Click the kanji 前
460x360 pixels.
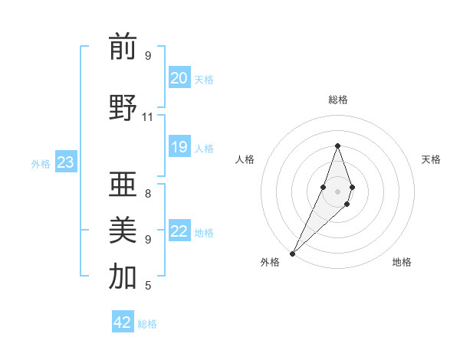pyautogui.click(x=123, y=47)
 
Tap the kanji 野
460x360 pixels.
pyautogui.click(x=123, y=108)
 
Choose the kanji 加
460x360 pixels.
pyautogui.click(x=123, y=277)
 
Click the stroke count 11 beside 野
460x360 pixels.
pyautogui.click(x=148, y=117)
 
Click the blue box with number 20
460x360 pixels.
pyautogui.click(x=179, y=78)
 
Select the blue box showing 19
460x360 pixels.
pyautogui.click(x=179, y=147)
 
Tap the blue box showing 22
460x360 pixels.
pyautogui.click(x=179, y=231)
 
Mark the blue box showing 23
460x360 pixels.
pyautogui.click(x=65, y=162)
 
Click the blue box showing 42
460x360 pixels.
pyautogui.click(x=123, y=322)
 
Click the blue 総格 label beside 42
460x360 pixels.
pyautogui.click(x=147, y=324)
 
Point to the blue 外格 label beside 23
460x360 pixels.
pyautogui.click(x=41, y=163)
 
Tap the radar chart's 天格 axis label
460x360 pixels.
pyautogui.click(x=431, y=159)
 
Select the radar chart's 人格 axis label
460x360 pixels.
pyautogui.click(x=245, y=159)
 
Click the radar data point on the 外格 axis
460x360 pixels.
pyautogui.click(x=292, y=253)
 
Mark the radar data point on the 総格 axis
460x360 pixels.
pyautogui.click(x=337, y=146)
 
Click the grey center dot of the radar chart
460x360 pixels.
pyautogui.click(x=337, y=191)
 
